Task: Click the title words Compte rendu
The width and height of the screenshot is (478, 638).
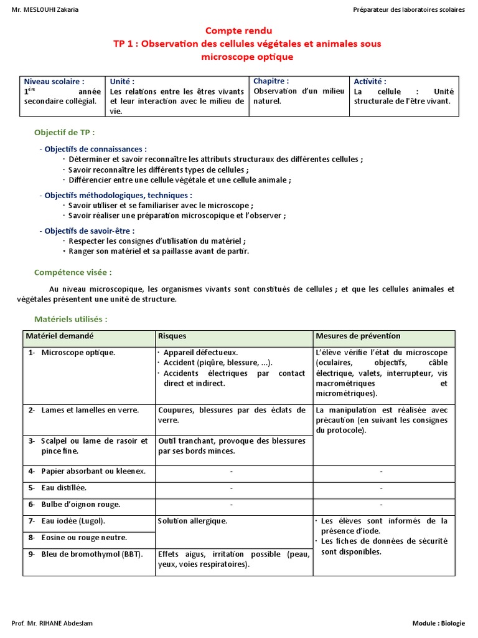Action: [238, 31]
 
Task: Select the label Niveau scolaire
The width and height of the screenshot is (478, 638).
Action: [54, 82]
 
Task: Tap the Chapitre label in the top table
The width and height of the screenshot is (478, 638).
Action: [271, 81]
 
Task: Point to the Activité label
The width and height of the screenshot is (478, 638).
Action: [370, 82]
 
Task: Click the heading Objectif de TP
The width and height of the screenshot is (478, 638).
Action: [65, 133]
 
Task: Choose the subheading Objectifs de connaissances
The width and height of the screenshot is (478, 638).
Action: [95, 149]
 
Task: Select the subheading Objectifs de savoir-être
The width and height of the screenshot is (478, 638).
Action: [90, 231]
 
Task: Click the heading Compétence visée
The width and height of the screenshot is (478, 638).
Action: [73, 272]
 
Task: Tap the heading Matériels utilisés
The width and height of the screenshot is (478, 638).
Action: [70, 319]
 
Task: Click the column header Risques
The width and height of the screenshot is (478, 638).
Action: [172, 336]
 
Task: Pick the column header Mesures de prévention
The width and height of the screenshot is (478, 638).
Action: [358, 336]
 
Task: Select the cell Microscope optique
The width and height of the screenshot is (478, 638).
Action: [78, 353]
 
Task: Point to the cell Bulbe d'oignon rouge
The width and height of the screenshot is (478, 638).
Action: [80, 504]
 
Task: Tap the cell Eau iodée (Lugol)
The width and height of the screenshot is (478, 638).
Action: [73, 521]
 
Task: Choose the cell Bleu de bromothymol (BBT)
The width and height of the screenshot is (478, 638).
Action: [91, 554]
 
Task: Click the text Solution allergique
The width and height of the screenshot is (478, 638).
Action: [192, 521]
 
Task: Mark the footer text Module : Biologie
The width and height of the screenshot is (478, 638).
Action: [438, 623]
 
